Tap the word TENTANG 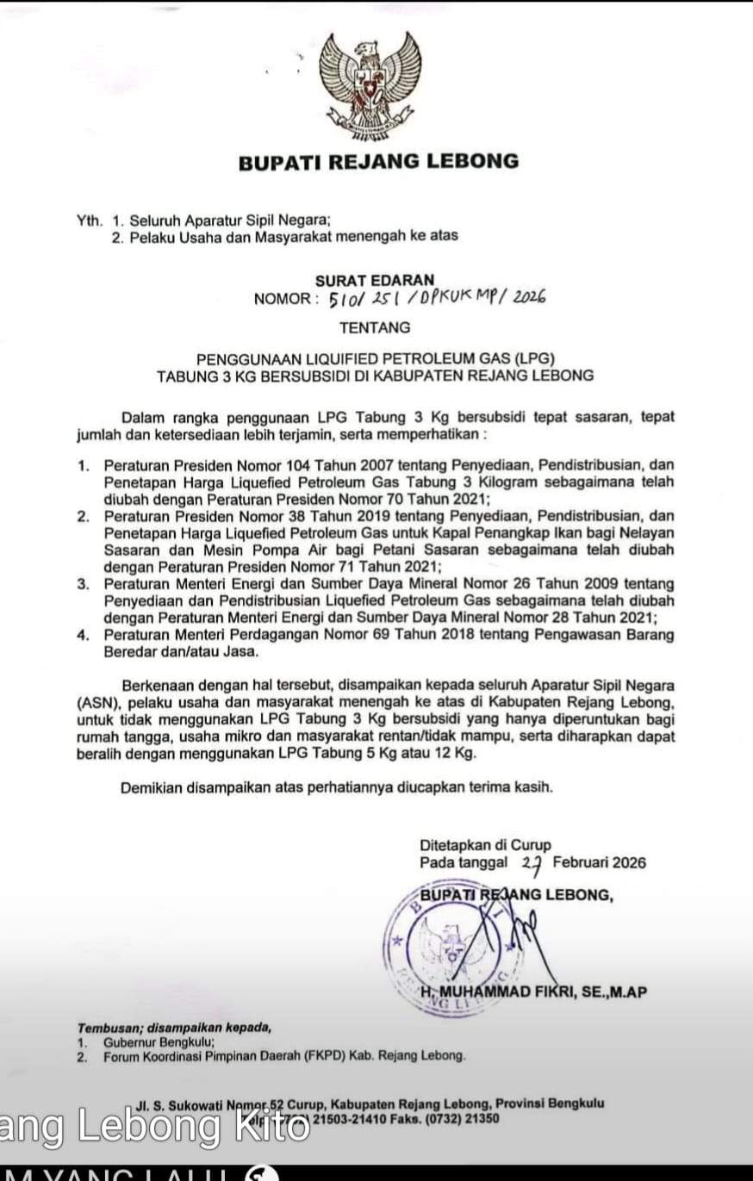[375, 327]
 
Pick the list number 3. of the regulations [84, 584]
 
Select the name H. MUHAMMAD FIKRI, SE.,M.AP [534, 992]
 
